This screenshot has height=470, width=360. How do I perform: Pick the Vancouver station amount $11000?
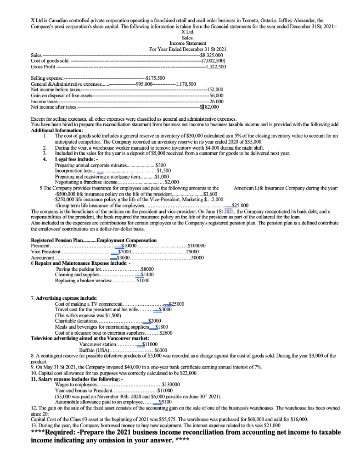click(x=150, y=344)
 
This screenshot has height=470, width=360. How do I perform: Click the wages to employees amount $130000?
click(x=171, y=385)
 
